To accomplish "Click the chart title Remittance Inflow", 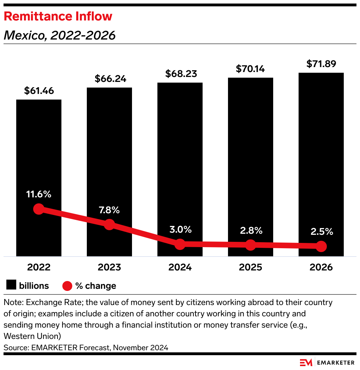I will point(58,16).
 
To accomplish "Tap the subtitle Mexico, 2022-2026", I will point(60,35).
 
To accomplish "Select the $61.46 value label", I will point(39,91).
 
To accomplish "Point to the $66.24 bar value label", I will point(109,79).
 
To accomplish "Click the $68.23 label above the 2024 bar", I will point(180,74).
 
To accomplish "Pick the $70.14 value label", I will point(251,69).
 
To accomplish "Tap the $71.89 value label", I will point(321,64).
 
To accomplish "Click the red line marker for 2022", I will point(39,209).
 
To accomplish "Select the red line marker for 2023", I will point(109,224).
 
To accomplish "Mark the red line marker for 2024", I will point(180,244).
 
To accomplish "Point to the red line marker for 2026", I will point(321,246).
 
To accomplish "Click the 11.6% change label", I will point(39,194).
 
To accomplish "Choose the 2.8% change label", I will point(251,231).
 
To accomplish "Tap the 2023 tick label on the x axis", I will point(109,267).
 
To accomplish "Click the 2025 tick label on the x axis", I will point(251,267).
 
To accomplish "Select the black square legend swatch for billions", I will point(11,285).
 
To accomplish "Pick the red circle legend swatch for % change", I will point(67,286).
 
